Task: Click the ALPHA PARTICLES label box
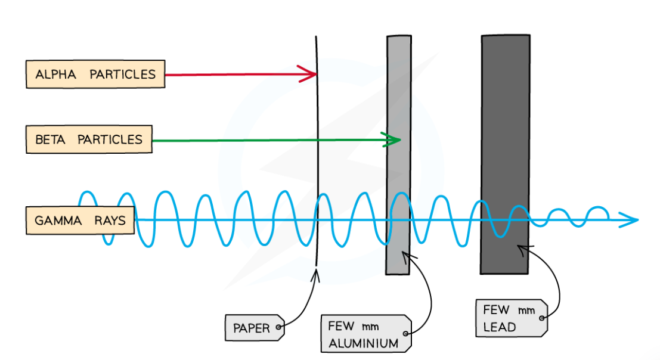coord(95,75)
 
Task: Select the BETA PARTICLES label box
coord(89,139)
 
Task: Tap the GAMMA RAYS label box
coord(80,221)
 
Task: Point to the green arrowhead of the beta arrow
coord(392,140)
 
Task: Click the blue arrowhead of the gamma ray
coord(630,220)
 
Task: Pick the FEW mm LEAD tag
coord(511,318)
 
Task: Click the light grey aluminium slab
coord(398,119)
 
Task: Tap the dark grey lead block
coord(505,119)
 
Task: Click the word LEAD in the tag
coord(500,327)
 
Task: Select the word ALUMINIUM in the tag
coord(362,343)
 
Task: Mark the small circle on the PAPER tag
coord(278,327)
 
